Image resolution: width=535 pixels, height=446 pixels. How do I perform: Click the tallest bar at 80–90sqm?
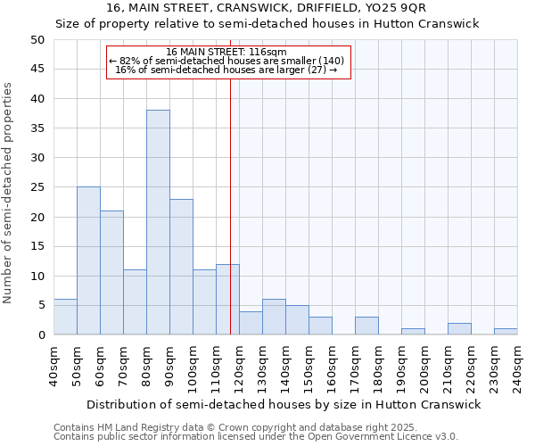coord(158,222)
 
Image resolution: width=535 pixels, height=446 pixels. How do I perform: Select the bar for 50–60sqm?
coord(88,260)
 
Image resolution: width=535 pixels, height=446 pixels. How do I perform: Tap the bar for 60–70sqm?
coord(111,272)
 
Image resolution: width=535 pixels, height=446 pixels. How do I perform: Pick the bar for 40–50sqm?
coord(65,317)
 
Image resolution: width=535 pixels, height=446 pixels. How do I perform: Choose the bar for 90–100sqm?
coord(181,267)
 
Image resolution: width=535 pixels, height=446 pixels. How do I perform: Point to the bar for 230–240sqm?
coord(506,332)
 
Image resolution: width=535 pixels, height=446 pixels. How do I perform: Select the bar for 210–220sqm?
coord(459,329)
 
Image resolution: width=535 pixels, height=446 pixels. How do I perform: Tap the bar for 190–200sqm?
coord(413,332)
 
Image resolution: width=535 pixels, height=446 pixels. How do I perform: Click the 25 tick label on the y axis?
coord(37,187)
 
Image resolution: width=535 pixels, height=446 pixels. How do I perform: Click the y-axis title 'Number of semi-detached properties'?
coord(9,193)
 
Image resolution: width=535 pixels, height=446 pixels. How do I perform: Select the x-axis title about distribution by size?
coord(284,404)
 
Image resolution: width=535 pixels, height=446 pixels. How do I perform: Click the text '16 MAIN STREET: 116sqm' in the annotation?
coord(226,53)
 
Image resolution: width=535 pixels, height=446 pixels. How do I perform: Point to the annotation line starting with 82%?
coord(226,61)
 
